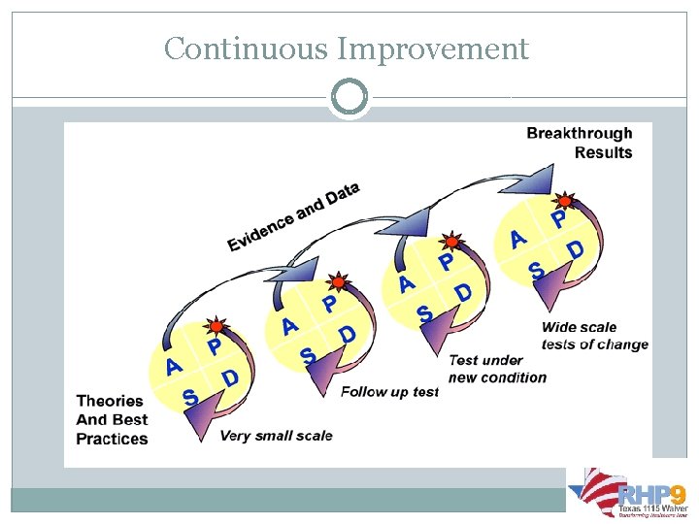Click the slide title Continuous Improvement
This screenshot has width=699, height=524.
click(x=347, y=49)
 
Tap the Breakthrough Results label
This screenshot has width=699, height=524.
click(x=580, y=143)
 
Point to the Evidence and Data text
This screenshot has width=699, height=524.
click(x=293, y=217)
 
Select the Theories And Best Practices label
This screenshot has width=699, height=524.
click(x=112, y=419)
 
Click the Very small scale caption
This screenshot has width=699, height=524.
click(x=276, y=436)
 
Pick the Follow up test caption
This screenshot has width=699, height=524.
click(x=389, y=392)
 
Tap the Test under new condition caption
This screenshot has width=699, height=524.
click(x=497, y=369)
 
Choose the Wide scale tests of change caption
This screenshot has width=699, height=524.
click(x=594, y=336)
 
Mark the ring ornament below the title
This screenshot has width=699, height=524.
click(x=349, y=97)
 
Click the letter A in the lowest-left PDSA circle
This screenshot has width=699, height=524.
click(x=174, y=366)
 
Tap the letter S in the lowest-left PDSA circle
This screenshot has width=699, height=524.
click(x=190, y=398)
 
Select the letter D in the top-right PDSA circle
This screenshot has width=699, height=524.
click(x=576, y=250)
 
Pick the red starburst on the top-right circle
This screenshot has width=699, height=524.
click(x=563, y=201)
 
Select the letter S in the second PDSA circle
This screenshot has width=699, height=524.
click(x=308, y=357)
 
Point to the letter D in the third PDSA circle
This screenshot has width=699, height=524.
click(x=463, y=291)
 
